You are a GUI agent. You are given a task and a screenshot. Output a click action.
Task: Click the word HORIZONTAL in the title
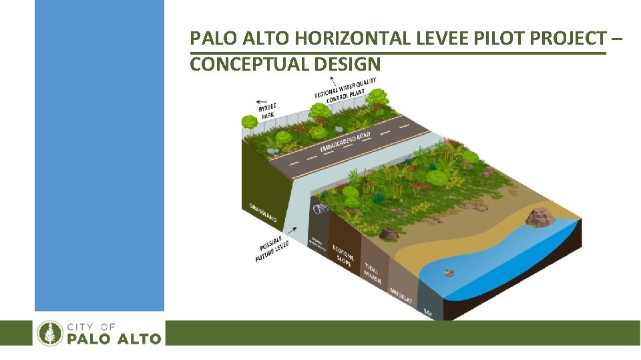pyautogui.click(x=353, y=39)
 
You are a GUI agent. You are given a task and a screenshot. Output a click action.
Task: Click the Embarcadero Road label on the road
pyautogui.click(x=345, y=139)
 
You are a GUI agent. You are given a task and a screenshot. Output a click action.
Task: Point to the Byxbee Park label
pyautogui.click(x=268, y=110)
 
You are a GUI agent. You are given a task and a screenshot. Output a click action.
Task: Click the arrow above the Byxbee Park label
pyautogui.click(x=265, y=97)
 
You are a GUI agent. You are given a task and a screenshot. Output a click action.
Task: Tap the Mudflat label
pyautogui.click(x=401, y=293)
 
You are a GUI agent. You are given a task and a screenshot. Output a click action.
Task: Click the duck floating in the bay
pyautogui.click(x=449, y=272)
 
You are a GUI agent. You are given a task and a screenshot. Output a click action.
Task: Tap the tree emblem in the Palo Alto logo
pyautogui.click(x=49, y=333)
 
